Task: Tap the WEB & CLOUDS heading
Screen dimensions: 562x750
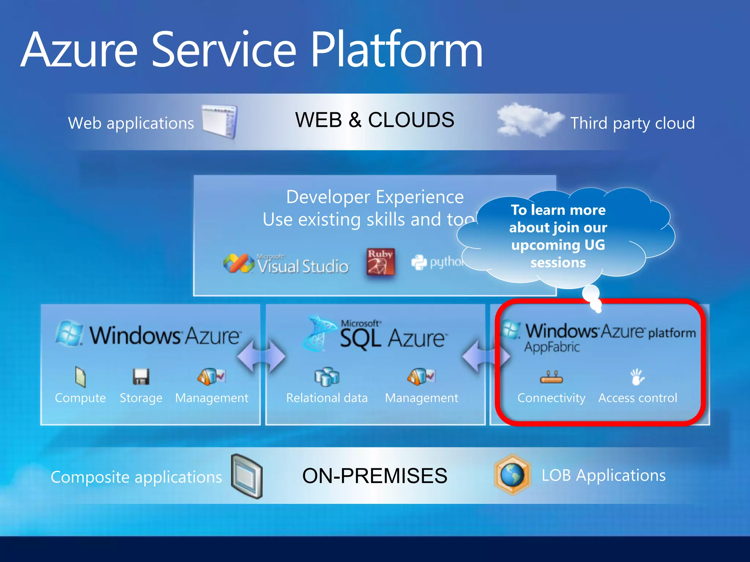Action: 374,120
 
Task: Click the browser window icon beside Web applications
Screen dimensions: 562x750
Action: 220,122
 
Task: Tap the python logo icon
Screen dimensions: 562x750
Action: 419,262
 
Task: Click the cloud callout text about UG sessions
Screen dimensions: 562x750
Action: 558,236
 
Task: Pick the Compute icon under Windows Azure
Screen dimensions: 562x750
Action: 80,377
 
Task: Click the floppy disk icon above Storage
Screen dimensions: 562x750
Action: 141,376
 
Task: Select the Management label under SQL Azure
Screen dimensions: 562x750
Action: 421,398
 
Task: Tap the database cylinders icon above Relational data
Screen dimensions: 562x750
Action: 327,376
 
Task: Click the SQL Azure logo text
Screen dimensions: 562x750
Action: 392,337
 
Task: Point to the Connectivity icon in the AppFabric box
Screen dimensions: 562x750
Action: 551,377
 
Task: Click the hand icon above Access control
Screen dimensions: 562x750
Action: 637,377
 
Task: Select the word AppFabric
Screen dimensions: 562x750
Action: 552,347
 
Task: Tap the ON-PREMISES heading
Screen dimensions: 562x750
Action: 374,476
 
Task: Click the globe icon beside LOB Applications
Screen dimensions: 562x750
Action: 512,475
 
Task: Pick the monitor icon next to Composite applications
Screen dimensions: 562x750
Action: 247,476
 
